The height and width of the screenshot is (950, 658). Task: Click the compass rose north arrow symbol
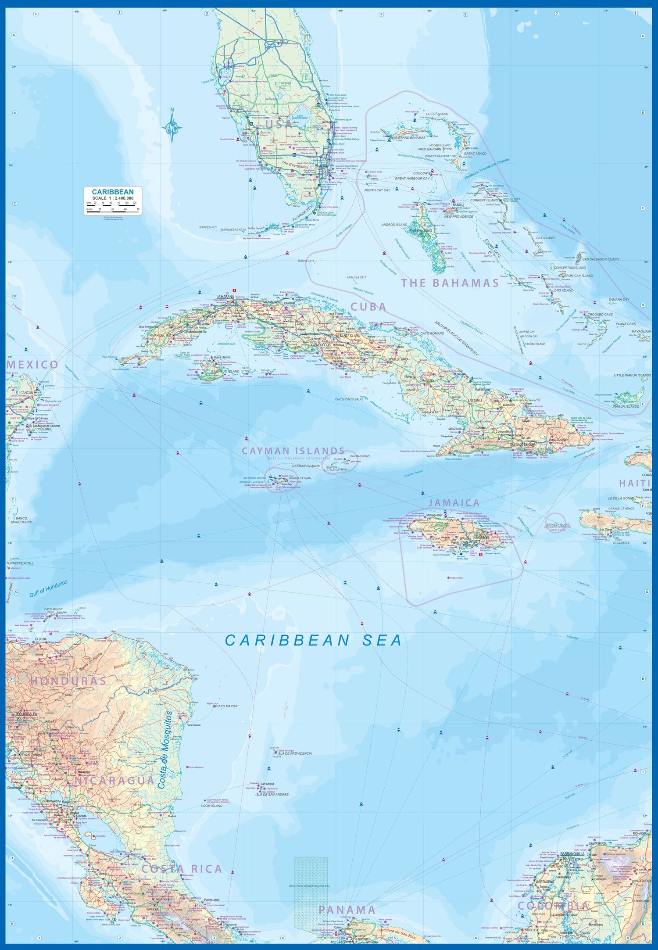172,126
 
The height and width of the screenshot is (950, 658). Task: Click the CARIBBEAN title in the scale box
113,192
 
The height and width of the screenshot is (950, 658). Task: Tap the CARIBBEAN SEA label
313,641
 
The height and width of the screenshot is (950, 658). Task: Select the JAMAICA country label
454,503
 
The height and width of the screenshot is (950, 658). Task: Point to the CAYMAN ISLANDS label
293,451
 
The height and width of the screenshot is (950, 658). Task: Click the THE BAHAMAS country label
450,283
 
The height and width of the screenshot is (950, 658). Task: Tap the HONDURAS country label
68,681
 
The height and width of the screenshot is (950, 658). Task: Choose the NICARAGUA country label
114,781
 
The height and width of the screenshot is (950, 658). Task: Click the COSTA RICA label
182,869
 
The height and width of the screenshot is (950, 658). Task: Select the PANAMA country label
347,910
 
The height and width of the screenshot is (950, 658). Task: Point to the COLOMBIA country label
553,906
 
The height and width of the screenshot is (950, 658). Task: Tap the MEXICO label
32,365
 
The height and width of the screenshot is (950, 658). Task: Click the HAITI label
634,483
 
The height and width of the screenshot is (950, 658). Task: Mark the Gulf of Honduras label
48,588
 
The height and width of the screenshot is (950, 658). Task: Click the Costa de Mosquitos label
167,750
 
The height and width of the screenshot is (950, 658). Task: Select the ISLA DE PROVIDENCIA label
294,753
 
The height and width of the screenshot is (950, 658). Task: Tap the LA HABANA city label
225,297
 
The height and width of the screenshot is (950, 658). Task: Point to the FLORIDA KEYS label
304,212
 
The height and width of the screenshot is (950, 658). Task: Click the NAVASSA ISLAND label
558,524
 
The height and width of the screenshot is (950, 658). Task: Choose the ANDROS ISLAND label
394,225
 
